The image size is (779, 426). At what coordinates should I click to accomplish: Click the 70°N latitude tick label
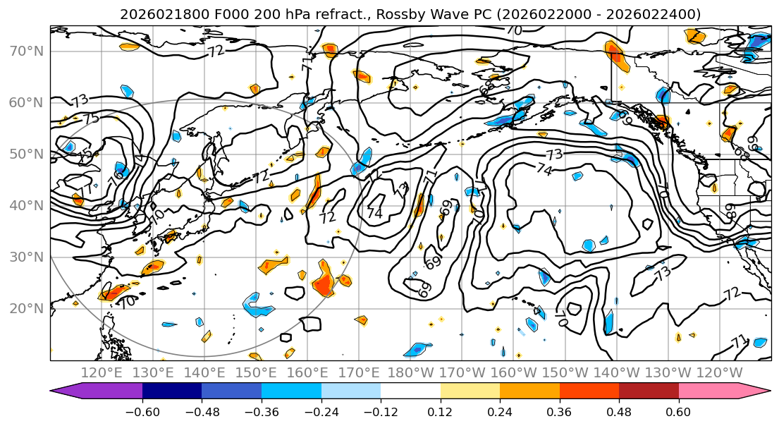[26, 51]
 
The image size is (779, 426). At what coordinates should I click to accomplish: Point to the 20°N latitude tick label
[26, 309]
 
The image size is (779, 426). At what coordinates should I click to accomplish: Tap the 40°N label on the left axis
[26, 206]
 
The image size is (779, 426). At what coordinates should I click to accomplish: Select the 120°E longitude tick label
[102, 372]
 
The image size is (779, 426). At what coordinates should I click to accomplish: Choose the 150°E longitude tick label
[256, 372]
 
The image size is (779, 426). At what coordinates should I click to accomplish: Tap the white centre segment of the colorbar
[410, 391]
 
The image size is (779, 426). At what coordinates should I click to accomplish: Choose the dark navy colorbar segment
[172, 391]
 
